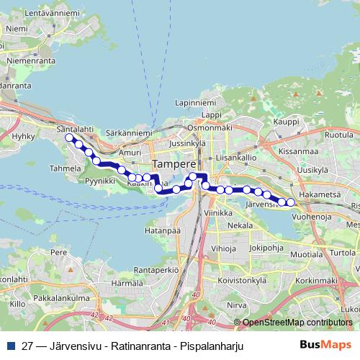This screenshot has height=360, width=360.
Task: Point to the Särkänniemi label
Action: click(x=127, y=133)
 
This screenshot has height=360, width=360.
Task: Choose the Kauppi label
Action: click(x=286, y=122)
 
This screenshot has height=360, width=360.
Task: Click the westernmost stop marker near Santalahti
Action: click(x=69, y=137)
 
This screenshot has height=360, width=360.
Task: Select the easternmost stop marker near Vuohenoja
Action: click(x=292, y=202)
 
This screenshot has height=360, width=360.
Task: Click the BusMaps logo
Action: click(x=325, y=345)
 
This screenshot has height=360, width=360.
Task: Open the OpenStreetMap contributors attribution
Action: click(x=297, y=323)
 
